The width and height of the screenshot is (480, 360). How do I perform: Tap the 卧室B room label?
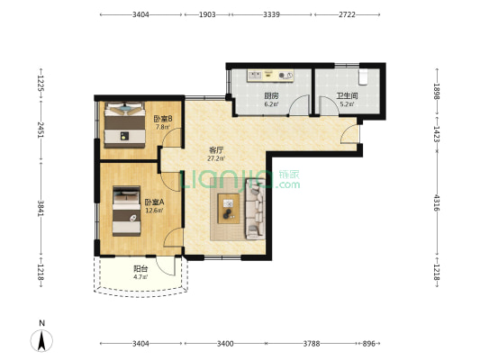163,119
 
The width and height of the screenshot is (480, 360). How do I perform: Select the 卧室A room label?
155,202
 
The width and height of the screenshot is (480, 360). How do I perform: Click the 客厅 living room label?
216,150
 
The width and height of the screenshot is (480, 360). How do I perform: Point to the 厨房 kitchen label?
272,95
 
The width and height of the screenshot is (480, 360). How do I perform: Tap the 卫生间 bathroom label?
347,95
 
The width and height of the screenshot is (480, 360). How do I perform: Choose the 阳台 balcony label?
140,269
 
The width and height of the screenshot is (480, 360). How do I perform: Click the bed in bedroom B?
124,125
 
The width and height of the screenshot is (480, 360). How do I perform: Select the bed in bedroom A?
126,211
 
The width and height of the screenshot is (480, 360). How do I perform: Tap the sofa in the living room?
255,209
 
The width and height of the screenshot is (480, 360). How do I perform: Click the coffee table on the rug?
229,209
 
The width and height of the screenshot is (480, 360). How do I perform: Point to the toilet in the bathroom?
363,76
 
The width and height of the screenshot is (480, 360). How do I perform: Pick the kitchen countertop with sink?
270,76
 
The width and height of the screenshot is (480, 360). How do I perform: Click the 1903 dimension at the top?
207,14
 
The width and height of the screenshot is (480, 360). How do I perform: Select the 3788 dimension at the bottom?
312,344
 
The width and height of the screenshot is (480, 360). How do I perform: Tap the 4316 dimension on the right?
437,202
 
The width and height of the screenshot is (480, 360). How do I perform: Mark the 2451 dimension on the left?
41,130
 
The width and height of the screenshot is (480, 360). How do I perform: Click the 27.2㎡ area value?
216,158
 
